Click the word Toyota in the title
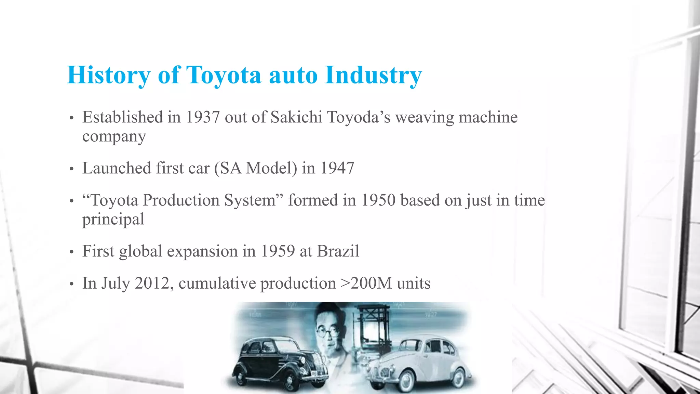tap(224, 75)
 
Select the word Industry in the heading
tap(374, 75)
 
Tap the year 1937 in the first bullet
tap(202, 117)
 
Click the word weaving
tap(424, 117)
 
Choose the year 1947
tap(337, 168)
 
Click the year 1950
tap(378, 200)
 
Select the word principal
tap(113, 219)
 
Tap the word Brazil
tap(338, 251)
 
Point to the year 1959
tap(278, 251)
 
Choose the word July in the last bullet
tap(116, 283)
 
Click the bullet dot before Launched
tap(71, 169)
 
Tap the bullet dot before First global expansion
tap(71, 252)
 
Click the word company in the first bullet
tap(114, 136)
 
